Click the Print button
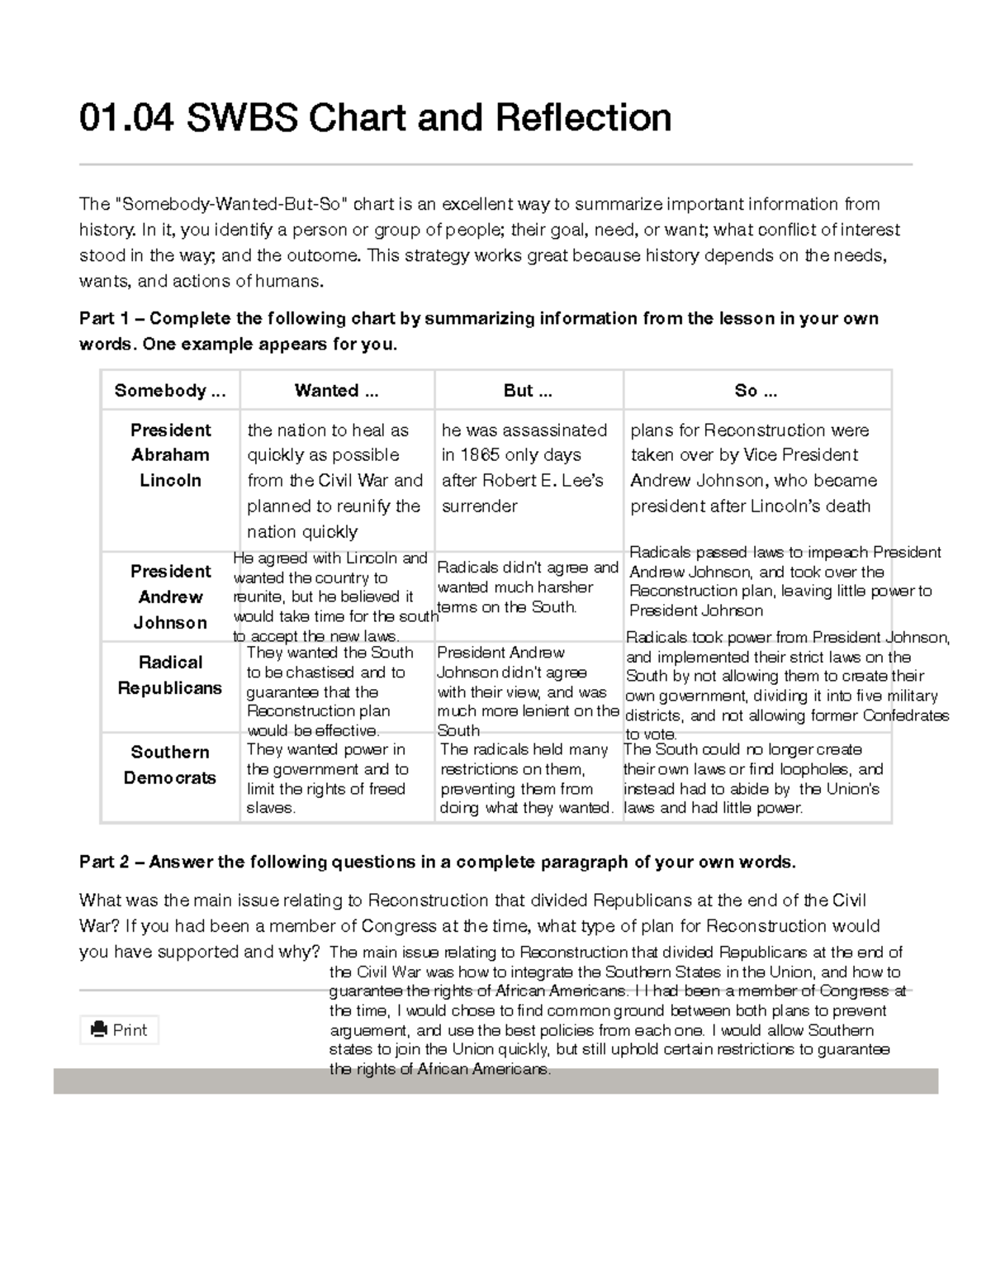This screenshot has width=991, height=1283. [x=120, y=1029]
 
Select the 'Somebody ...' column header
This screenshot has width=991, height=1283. [x=169, y=391]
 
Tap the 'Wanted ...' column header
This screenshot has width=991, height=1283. [x=337, y=391]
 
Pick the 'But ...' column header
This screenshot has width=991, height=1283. [x=529, y=391]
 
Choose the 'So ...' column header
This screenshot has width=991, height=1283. [x=756, y=391]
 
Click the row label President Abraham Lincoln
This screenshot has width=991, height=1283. [x=170, y=455]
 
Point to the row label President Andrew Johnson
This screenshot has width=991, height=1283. [x=170, y=596]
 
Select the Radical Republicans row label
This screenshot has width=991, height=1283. [x=170, y=675]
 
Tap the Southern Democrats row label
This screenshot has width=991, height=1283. [x=170, y=765]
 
